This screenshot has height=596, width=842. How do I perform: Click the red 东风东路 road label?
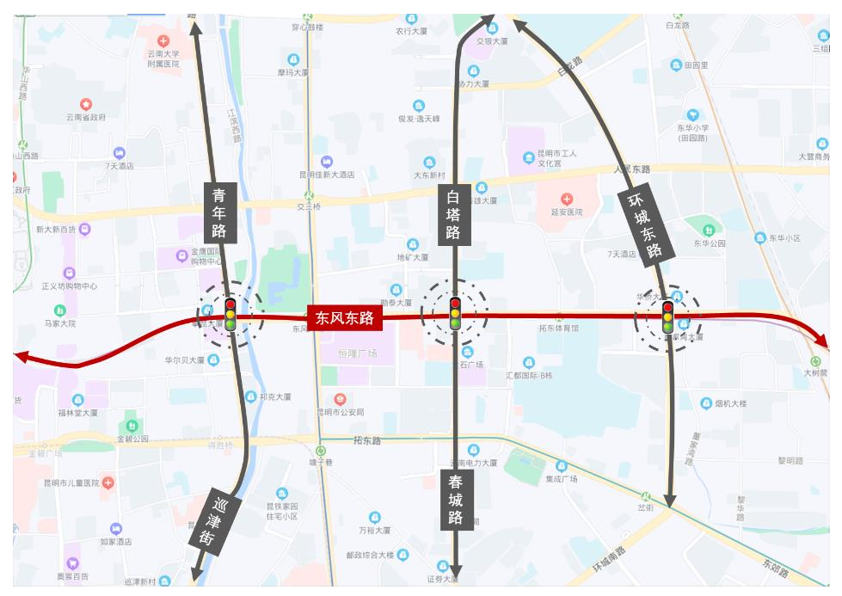click(344, 318)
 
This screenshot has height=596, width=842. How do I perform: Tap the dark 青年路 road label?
click(219, 212)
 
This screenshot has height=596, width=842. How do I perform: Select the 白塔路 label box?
click(453, 214)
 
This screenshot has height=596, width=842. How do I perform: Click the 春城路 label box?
click(456, 500)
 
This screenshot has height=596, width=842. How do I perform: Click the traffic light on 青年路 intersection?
click(230, 316)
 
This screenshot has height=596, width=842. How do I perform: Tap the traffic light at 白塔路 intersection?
click(455, 314)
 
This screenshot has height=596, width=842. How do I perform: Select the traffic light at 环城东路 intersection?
click(667, 317)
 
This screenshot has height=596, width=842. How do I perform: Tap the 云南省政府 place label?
click(86, 117)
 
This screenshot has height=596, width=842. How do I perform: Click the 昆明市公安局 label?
click(340, 412)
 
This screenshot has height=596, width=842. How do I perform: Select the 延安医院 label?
click(567, 212)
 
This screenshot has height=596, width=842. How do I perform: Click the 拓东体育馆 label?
click(558, 328)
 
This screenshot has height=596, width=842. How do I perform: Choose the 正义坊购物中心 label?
click(69, 286)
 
